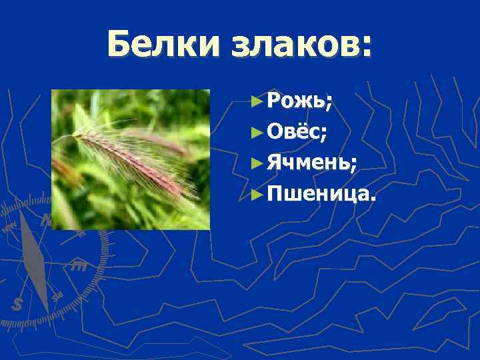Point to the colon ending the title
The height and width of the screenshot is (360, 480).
coord(366,48)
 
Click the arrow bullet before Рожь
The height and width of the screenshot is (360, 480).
coord(257,102)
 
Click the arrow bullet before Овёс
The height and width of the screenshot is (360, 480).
coord(257,133)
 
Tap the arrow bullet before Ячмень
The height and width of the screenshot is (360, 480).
coord(257,163)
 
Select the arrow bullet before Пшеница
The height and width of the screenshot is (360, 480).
coord(257,194)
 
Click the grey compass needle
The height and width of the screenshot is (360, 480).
coord(33,260)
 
